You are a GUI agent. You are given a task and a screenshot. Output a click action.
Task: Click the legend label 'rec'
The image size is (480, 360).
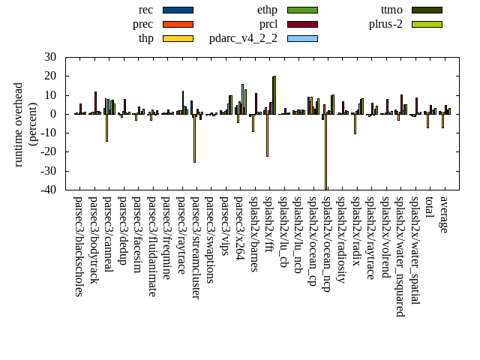click(146, 10)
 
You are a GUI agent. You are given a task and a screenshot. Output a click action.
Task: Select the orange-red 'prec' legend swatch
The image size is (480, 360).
click(178, 24)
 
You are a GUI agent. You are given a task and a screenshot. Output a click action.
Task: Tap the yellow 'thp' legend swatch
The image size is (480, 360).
click(178, 38)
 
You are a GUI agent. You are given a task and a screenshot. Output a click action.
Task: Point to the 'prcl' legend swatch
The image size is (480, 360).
click(302, 24)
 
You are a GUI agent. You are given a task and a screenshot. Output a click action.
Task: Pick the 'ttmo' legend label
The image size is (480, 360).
click(391, 10)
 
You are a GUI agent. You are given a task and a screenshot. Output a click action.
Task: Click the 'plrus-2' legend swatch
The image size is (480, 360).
click(427, 24)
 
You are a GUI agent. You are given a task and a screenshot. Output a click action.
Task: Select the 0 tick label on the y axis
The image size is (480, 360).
click(53, 114)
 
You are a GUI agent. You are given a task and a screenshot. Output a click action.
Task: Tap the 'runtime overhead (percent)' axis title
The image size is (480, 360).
click(25, 124)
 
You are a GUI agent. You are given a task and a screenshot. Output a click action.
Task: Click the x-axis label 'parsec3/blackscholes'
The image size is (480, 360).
click(79, 247)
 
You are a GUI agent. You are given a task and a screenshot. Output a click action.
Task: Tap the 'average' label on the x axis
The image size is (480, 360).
click(443, 214)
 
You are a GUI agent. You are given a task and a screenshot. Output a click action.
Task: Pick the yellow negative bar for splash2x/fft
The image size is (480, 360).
click(267, 135)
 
